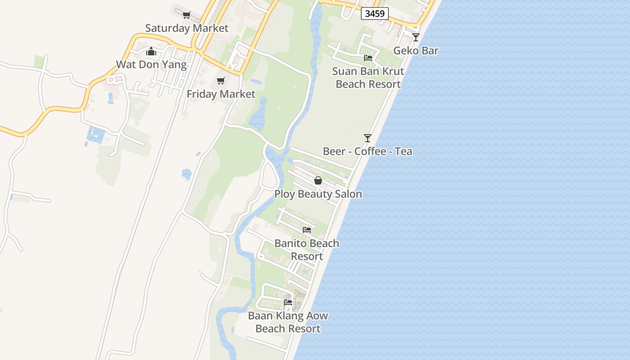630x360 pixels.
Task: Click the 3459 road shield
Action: coord(375,13)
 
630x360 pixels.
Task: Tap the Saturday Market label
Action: coord(187,28)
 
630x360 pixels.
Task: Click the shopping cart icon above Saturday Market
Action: coord(187,15)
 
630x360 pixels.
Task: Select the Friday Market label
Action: coord(220,94)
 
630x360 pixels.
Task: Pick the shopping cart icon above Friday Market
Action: coord(220,81)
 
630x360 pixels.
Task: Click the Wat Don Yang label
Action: coord(151,64)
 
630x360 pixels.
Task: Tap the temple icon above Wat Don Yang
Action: coord(151,51)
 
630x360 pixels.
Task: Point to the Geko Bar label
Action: coord(416,50)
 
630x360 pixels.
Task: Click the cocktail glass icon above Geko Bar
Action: coord(416,37)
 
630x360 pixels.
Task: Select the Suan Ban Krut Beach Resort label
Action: coord(368,77)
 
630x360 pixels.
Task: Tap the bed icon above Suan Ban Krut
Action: coord(368,58)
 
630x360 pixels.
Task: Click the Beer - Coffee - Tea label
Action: coord(368,151)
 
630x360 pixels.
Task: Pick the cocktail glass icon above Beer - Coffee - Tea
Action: coord(368,138)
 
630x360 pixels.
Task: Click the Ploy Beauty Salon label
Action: coord(318,194)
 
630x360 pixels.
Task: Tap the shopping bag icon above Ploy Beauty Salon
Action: coord(318,181)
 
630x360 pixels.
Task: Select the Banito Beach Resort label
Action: coord(307,249)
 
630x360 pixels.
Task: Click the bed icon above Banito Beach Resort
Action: coord(307,230)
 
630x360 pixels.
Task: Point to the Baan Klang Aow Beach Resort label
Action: coord(288,322)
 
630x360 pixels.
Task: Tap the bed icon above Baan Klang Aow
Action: coord(288,302)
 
